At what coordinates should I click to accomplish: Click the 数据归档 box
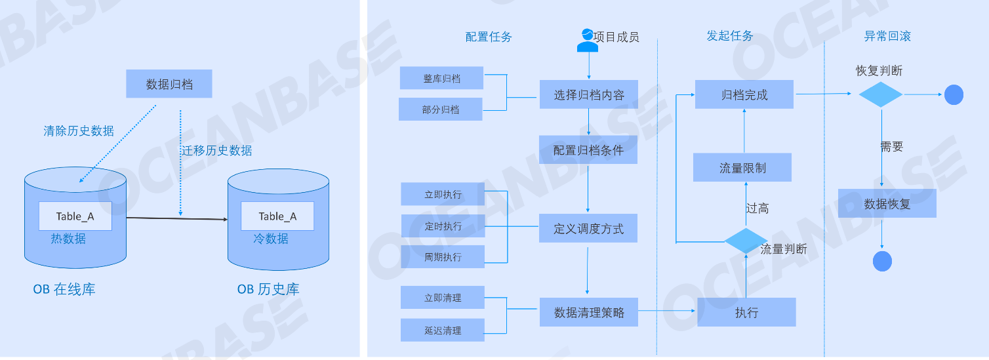(169, 84)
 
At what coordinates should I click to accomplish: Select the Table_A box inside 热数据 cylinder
(75, 216)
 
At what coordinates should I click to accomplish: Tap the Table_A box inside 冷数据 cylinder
(277, 216)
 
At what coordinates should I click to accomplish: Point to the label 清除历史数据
(79, 131)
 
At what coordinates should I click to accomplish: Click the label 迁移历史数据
(217, 151)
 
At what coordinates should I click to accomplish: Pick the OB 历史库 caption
(268, 289)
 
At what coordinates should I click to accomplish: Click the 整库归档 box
(441, 78)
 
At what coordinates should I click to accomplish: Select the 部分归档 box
(441, 110)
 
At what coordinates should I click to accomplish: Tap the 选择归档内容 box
(588, 94)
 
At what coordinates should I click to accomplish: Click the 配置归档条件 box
(588, 150)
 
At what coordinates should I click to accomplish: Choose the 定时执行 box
(443, 226)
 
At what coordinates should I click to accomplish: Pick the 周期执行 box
(443, 257)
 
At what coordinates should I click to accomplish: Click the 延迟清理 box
(443, 330)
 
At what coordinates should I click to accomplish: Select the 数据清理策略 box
(588, 312)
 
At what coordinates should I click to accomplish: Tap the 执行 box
(746, 312)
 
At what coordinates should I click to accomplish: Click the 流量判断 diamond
(746, 241)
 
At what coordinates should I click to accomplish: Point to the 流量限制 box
(742, 168)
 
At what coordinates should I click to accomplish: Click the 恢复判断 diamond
(881, 94)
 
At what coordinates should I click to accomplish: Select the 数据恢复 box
(887, 203)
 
